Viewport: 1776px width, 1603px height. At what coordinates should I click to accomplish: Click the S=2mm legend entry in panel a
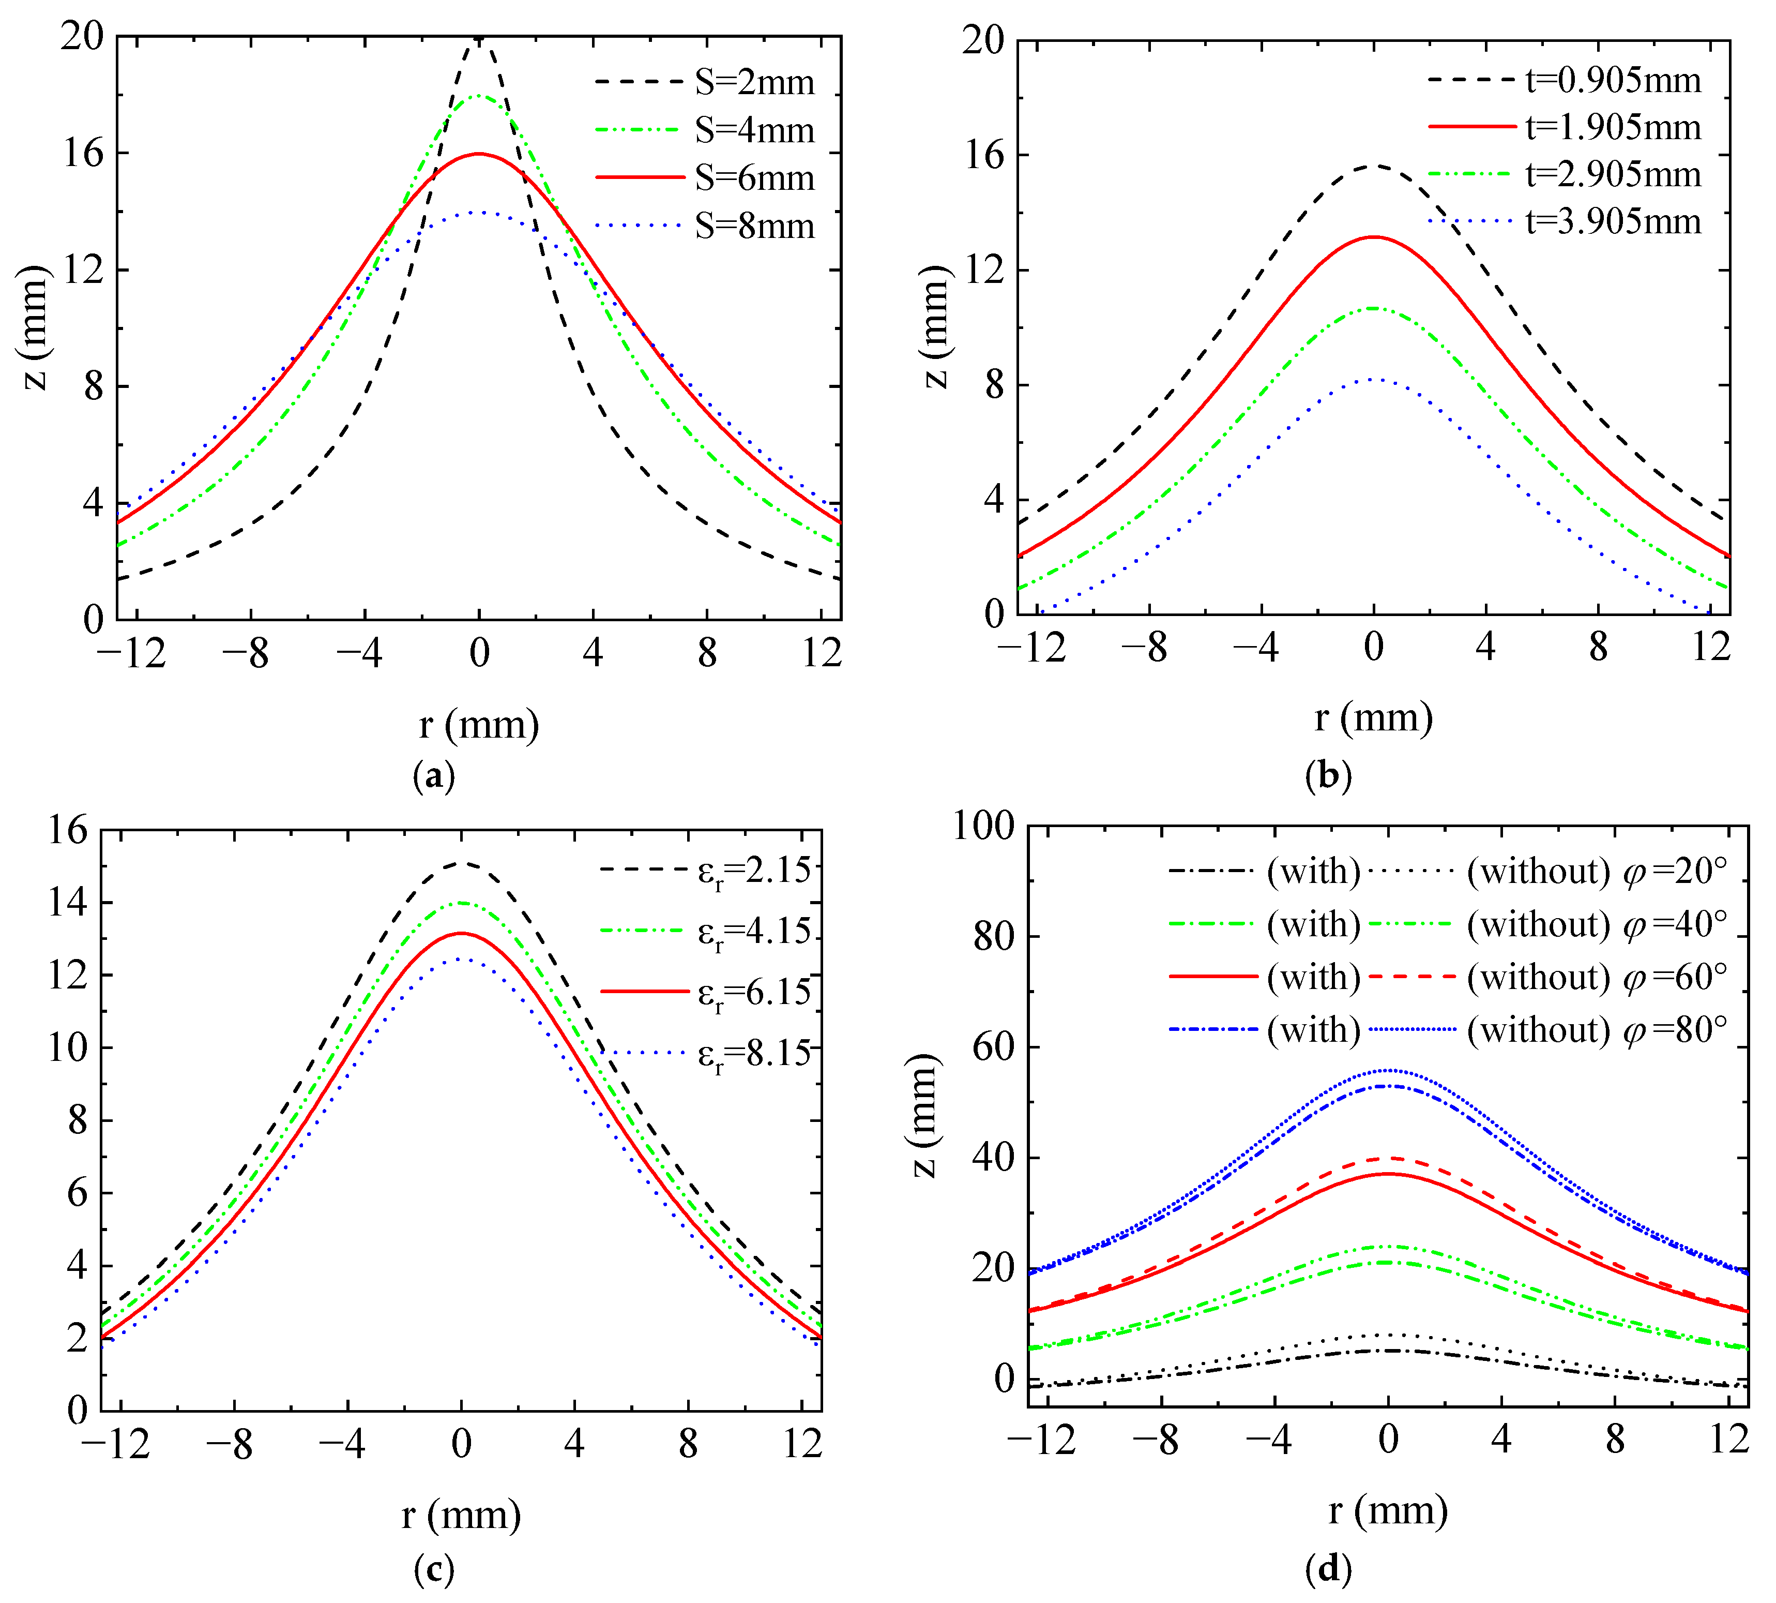tap(754, 82)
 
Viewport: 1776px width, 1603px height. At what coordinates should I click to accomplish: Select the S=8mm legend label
tap(754, 227)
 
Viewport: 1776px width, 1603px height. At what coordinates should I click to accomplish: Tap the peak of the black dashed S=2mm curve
tap(479, 39)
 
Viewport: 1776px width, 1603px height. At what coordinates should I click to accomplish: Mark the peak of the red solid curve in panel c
tap(461, 933)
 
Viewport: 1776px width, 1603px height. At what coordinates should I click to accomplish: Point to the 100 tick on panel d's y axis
tap(983, 826)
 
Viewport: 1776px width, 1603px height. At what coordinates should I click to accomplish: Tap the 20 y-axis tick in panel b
tap(983, 40)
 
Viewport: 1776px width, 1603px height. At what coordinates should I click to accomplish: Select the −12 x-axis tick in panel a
tap(132, 653)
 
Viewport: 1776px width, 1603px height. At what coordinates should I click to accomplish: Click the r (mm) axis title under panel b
tap(1374, 718)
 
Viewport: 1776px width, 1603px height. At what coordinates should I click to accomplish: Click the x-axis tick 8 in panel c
tap(688, 1444)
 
